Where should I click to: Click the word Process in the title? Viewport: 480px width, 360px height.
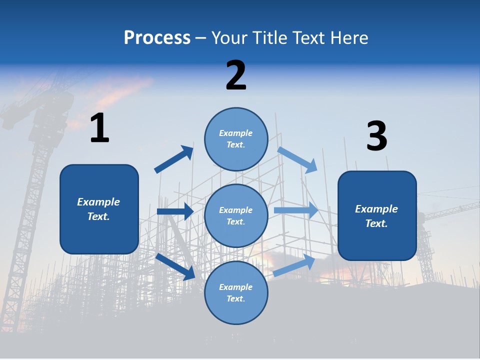point(157,38)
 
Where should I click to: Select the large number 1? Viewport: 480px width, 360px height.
point(99,128)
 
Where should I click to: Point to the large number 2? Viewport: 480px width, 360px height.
point(236,75)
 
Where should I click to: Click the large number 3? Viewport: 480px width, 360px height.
point(376,136)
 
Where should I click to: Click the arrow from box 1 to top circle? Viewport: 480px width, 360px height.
point(173,159)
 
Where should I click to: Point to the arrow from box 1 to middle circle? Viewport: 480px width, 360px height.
point(175,211)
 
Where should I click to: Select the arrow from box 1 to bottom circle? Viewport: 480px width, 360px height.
point(175,266)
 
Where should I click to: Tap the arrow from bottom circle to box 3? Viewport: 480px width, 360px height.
point(294,265)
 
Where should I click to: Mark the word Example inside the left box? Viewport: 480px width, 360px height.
point(98,202)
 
